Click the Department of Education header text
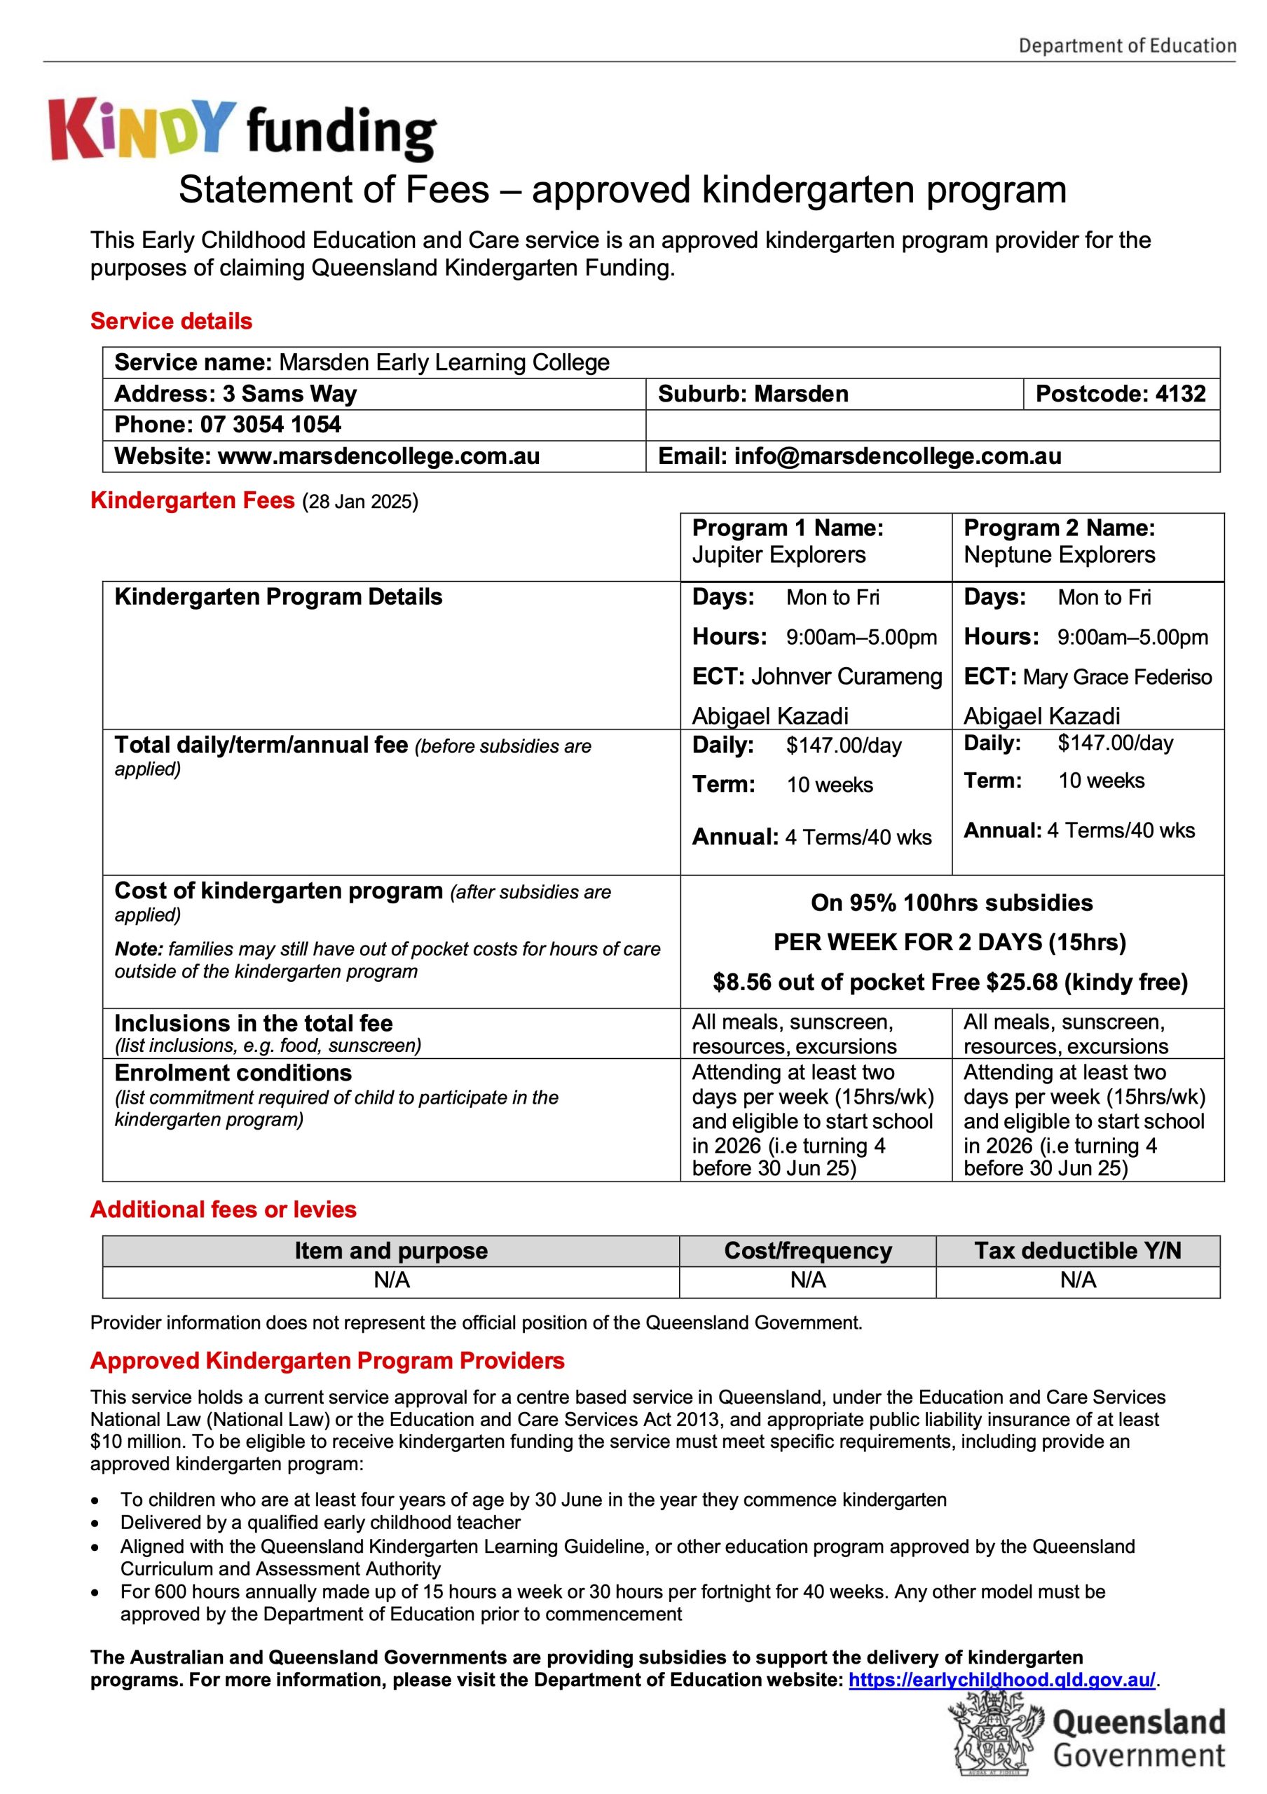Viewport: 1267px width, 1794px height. coord(1126,46)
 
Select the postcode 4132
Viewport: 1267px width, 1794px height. coord(1180,394)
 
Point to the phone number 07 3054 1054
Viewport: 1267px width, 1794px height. coord(270,425)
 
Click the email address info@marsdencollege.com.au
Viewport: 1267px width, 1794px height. coord(898,456)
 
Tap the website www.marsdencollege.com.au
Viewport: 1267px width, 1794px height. coord(378,456)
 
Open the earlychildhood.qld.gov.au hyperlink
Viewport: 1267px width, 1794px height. coord(1001,1680)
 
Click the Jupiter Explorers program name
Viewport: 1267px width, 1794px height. coord(779,555)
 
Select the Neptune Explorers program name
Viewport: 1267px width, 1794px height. coord(1058,555)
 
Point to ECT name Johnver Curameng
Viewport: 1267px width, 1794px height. coord(847,677)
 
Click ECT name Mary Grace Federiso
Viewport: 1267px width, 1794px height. coord(1117,678)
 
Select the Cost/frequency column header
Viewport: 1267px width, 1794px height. coord(808,1251)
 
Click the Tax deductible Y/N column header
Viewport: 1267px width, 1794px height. coord(1077,1251)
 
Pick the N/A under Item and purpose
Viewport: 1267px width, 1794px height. coord(391,1280)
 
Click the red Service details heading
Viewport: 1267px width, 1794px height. coord(171,321)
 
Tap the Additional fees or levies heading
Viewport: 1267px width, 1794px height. coord(224,1210)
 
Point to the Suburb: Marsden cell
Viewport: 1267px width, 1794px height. coord(753,394)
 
